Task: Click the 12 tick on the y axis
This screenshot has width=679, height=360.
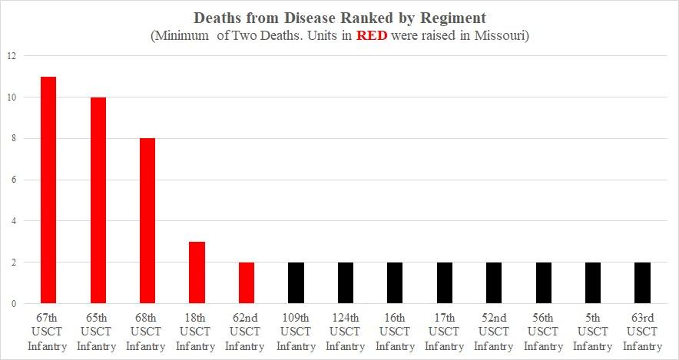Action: click(10, 56)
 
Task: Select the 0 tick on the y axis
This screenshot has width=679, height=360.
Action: click(12, 304)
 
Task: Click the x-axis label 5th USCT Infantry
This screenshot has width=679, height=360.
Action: click(593, 332)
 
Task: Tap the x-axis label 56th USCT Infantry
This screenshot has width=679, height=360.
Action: click(544, 332)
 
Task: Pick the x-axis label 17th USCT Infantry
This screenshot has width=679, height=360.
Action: click(444, 332)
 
